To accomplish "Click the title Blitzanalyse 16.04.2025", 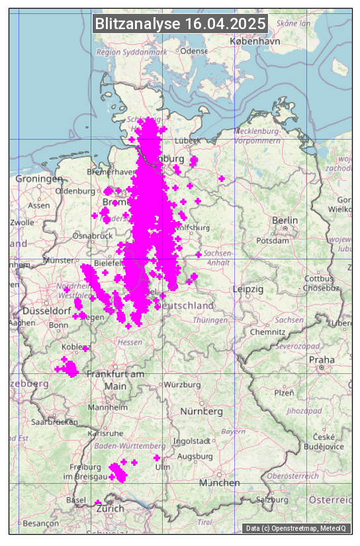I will tap(180, 24).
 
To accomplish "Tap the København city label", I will tap(255, 41).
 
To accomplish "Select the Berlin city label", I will tap(285, 220).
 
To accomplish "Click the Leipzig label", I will tap(248, 289).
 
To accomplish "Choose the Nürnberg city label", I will tap(202, 412).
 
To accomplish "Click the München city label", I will tap(220, 483).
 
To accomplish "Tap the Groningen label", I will tap(39, 179).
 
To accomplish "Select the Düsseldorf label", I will tap(46, 310).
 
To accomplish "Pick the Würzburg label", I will tap(182, 385).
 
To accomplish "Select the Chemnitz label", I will tap(267, 331).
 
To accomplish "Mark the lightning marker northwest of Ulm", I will tap(157, 458).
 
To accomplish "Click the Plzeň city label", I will tap(284, 393).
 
